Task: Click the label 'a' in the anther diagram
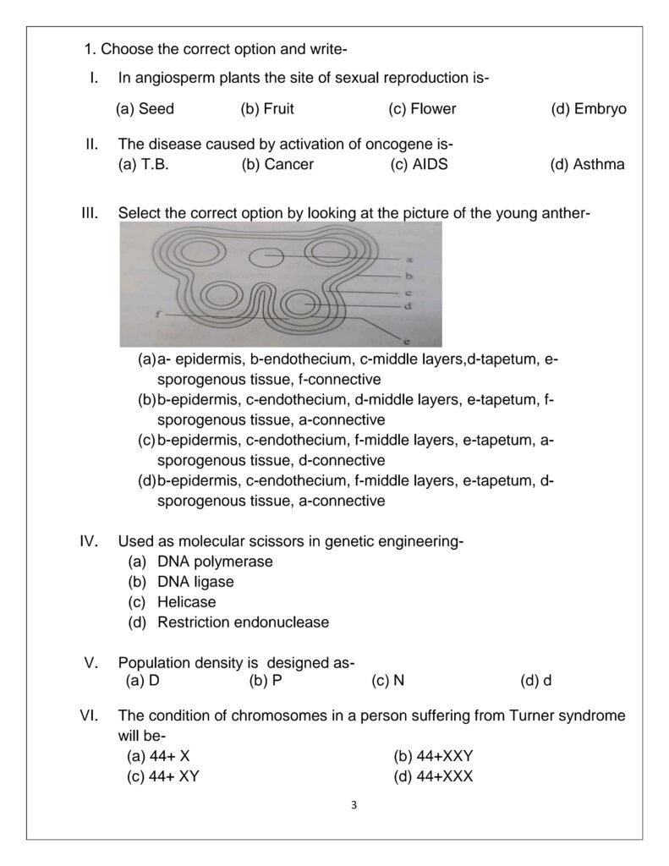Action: tap(409, 260)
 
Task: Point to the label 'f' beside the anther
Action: tap(158, 314)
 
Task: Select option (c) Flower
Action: tap(422, 109)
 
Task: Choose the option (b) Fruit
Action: tap(267, 109)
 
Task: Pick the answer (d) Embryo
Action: tap(589, 109)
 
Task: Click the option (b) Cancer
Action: tap(277, 165)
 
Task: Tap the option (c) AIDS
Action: tap(419, 165)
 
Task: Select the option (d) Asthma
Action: tap(588, 165)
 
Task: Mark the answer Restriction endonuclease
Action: tap(243, 623)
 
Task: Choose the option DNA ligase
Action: tap(195, 583)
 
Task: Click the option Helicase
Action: tap(186, 603)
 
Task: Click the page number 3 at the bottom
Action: tap(354, 805)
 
